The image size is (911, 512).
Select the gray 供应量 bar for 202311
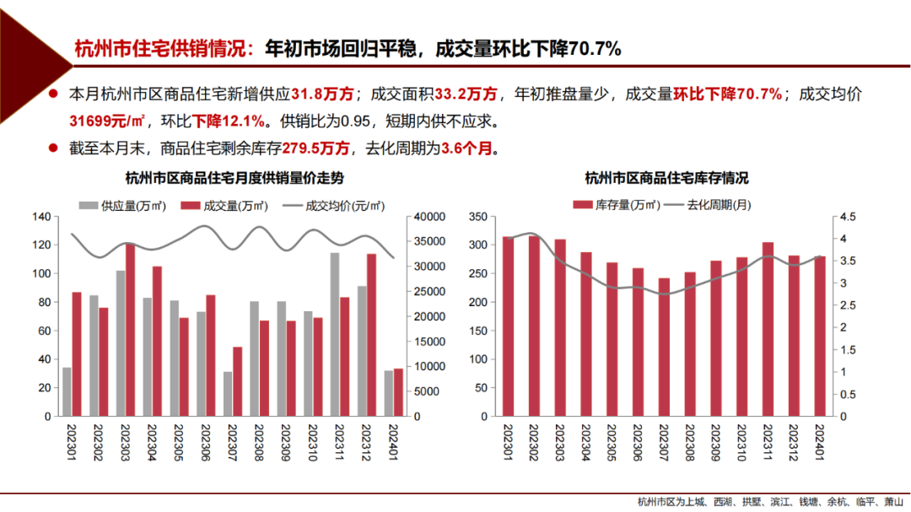(335, 334)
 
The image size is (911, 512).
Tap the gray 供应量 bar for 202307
(228, 394)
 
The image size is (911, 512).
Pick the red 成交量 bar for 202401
(398, 392)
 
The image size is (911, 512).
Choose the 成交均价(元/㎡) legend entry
(334, 205)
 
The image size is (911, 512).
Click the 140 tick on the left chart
(40, 217)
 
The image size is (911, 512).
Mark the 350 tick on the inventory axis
(477, 217)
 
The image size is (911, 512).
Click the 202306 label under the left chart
(205, 441)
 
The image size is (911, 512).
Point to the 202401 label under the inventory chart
(820, 441)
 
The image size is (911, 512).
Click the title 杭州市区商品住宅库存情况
(666, 179)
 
